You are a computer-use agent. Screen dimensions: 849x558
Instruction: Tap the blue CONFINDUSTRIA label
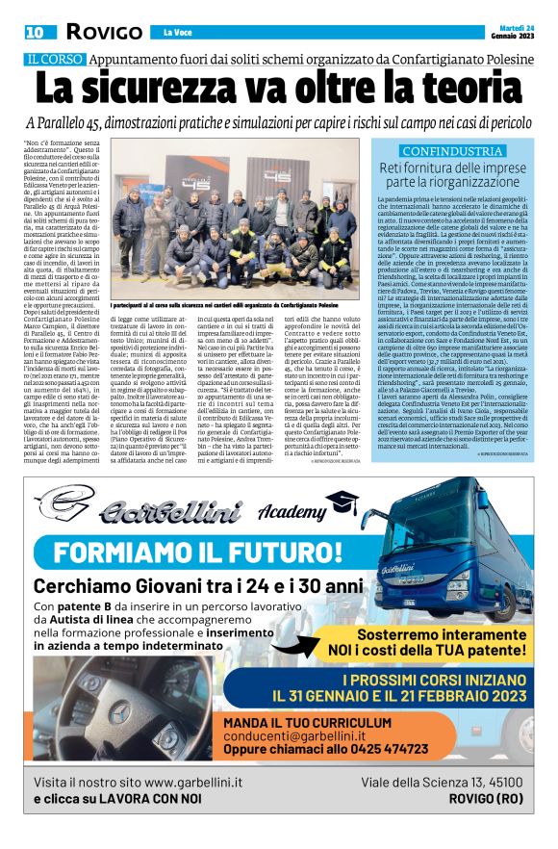[x=451, y=151]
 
